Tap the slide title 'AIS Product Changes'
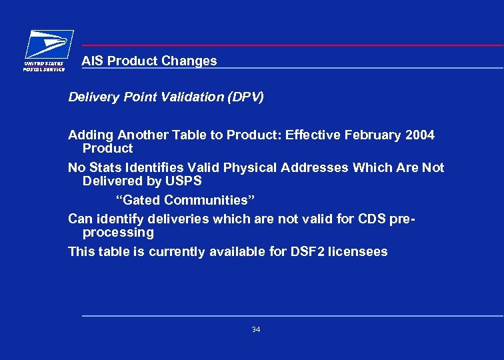[149, 61]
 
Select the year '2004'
[420, 135]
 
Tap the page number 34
[256, 330]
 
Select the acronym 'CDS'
[366, 219]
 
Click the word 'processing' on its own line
[118, 233]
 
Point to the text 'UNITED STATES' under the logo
[45, 64]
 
